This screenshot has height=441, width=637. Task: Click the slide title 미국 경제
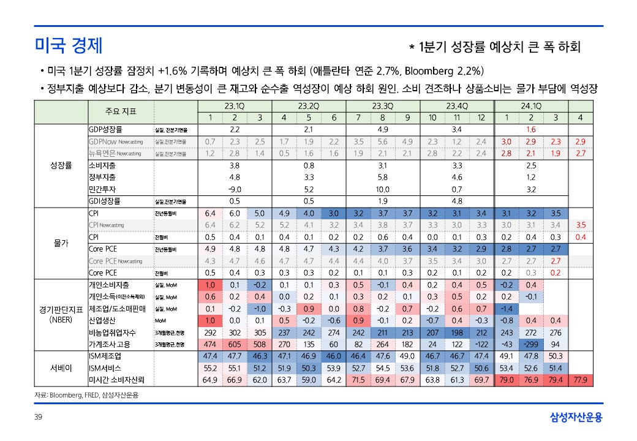[x=68, y=45]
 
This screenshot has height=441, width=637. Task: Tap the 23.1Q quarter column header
[x=234, y=106]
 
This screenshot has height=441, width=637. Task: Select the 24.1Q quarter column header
[x=531, y=106]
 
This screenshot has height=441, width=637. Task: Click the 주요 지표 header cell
[x=121, y=111]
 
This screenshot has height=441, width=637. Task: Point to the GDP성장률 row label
[x=105, y=129]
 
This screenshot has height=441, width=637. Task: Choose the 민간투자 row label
[x=102, y=189]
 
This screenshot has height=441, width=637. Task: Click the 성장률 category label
[x=61, y=165]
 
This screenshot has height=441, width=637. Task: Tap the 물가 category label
[x=61, y=243]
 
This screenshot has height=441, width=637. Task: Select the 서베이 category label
[x=61, y=368]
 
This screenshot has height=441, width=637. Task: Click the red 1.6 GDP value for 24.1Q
[x=531, y=130]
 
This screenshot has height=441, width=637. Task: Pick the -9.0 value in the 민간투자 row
[x=234, y=189]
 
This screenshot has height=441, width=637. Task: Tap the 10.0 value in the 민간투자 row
[x=382, y=189]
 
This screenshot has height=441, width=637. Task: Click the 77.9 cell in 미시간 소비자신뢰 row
[x=581, y=380]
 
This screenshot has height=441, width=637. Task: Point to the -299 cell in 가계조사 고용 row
[x=531, y=344]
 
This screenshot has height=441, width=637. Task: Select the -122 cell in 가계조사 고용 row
[x=481, y=344]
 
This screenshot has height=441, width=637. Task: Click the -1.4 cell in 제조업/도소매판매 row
[x=506, y=309]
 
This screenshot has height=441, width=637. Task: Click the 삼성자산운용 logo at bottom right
[x=575, y=418]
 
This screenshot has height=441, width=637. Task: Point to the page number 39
[x=38, y=418]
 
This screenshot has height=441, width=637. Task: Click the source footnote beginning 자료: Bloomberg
[x=86, y=395]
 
